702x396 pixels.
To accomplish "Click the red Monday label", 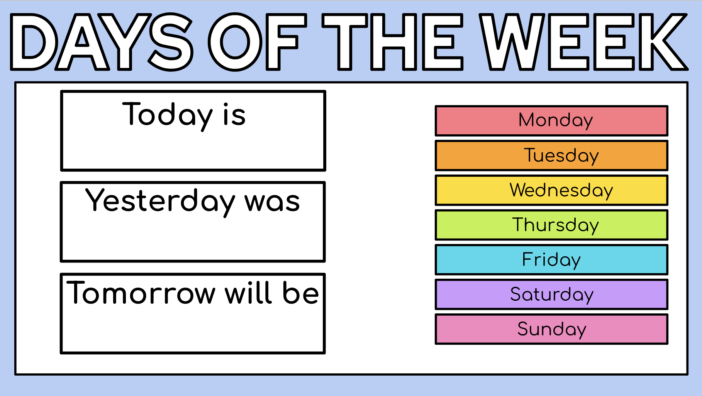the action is (x=551, y=121).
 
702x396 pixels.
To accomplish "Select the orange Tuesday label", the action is (x=551, y=156).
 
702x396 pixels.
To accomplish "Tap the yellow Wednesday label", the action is (x=551, y=190).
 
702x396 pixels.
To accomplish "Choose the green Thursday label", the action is (x=551, y=225).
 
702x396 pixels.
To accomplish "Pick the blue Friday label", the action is (x=551, y=260).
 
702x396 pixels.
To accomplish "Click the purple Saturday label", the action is (x=551, y=294).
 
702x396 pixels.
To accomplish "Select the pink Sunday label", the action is (x=551, y=329).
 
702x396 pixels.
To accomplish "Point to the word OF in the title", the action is (x=258, y=42).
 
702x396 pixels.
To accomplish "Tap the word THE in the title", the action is (x=392, y=42).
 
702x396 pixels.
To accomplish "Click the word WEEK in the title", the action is (x=583, y=42).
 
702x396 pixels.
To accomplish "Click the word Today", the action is (x=168, y=115).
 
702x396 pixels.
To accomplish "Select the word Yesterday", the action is (x=160, y=201).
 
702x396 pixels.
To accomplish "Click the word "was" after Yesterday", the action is (x=272, y=202).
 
